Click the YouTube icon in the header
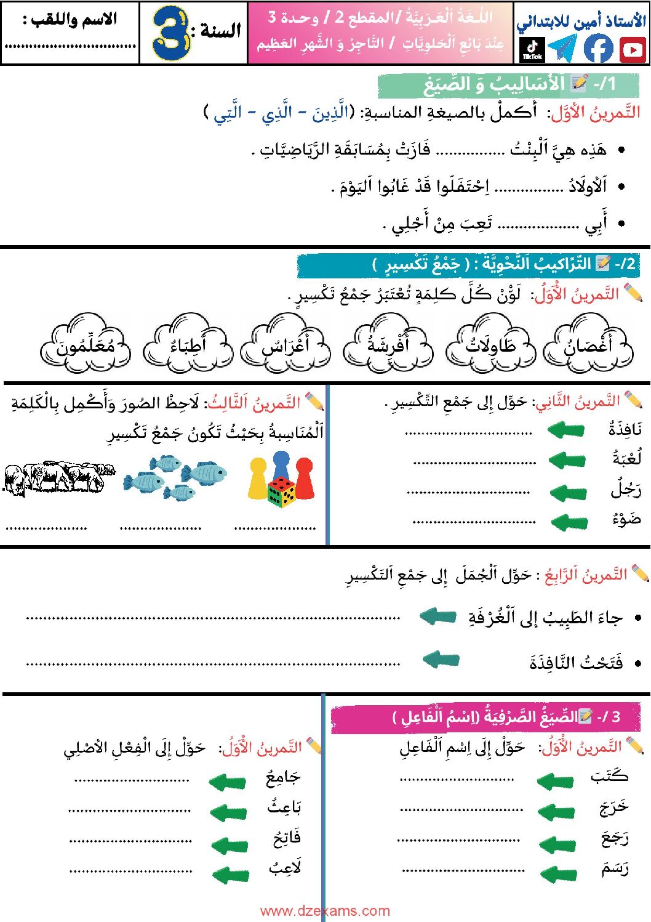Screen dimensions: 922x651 coord(633,49)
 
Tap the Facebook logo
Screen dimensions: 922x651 coord(597,48)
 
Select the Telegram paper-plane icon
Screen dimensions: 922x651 coord(562,48)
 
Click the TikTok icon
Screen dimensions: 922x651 coord(532,49)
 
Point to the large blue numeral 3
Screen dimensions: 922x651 coord(170,33)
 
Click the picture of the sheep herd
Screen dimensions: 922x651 coord(58,478)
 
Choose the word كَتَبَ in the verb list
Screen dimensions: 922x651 coord(609,776)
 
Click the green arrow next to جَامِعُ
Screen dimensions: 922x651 coord(228,782)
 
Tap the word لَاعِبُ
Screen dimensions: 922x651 coord(285,867)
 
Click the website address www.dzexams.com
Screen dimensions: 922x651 coord(325,911)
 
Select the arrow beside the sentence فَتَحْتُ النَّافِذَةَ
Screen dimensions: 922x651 coord(441,660)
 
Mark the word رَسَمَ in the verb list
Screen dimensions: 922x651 coord(615,868)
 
